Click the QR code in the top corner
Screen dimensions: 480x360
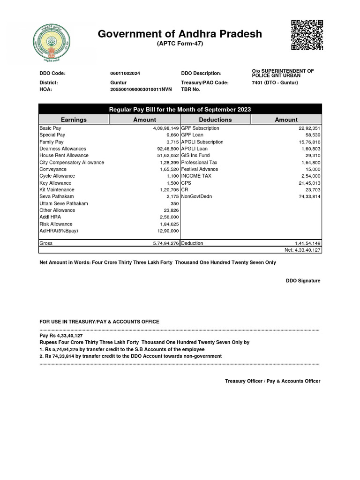[307, 35]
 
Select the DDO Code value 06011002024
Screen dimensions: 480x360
[125, 74]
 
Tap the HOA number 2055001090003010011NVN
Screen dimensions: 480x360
[141, 89]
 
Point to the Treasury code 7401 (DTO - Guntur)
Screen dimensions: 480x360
[275, 82]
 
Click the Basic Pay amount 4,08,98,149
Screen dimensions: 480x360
[163, 128]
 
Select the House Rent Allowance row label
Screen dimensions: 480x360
[64, 156]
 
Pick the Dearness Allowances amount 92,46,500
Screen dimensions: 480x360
[165, 149]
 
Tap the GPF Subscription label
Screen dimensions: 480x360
[200, 128]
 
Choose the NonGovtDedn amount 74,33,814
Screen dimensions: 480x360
[307, 196]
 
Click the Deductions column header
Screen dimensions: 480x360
[216, 120]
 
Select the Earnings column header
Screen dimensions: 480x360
[74, 120]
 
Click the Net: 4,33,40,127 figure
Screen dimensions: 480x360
[302, 250]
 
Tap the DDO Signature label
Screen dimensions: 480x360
[303, 281]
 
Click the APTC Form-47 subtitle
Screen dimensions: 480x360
[180, 44]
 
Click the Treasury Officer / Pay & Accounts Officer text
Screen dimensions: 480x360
[272, 381]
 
